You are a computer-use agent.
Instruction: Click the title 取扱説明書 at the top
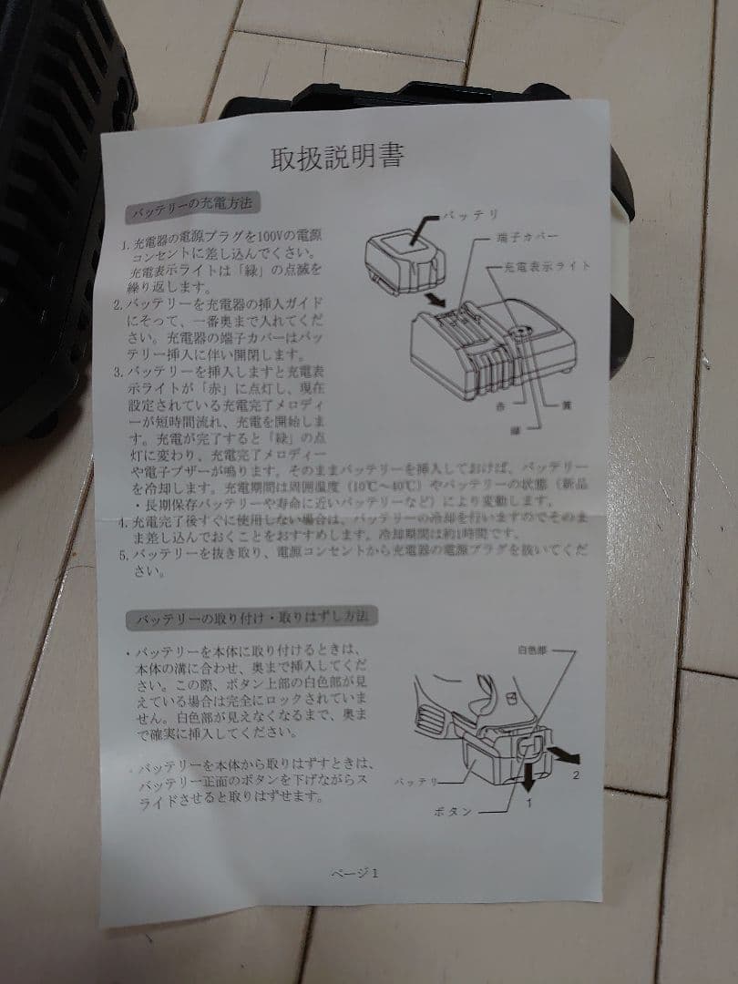coord(337,158)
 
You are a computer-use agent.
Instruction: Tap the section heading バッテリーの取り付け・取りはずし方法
coord(251,618)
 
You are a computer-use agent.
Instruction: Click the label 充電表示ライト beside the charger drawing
coord(545,267)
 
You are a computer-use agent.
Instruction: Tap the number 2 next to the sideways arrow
coord(575,775)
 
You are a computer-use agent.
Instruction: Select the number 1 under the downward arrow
coord(528,804)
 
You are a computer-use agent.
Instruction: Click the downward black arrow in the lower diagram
coord(528,777)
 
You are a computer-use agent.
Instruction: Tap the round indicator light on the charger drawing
coord(520,334)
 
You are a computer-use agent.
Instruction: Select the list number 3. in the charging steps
coord(118,371)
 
